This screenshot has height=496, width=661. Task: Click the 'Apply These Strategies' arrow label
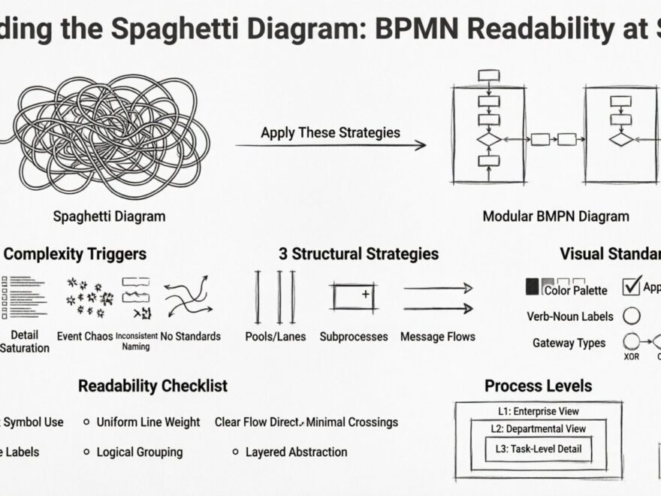[330, 132]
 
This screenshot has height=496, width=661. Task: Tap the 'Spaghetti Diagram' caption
[109, 216]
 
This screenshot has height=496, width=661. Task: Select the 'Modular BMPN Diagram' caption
[555, 216]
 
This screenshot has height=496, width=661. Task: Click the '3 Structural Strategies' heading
[358, 254]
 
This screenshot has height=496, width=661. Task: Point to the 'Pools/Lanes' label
[275, 337]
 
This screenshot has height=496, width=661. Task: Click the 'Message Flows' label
[437, 337]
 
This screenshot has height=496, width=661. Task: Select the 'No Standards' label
[191, 336]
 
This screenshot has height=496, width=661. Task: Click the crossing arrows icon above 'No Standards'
[188, 297]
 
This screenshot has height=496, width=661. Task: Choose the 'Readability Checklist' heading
[152, 386]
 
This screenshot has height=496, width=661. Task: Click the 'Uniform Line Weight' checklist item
[148, 422]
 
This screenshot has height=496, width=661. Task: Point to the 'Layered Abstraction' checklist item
[296, 452]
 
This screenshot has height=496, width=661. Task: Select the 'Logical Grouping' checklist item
[139, 452]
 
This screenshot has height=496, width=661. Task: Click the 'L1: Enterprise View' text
[539, 411]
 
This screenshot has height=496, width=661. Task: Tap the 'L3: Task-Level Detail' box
[538, 449]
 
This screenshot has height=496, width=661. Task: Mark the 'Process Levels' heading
[538, 386]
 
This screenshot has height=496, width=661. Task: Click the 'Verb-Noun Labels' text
[570, 316]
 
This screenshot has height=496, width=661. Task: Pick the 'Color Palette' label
[576, 290]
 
